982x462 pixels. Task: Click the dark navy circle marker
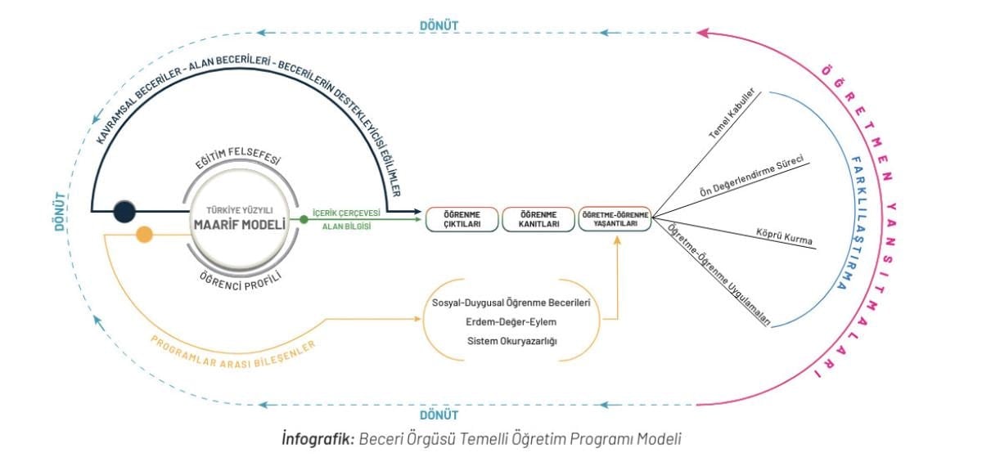124,211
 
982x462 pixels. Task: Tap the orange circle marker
144,235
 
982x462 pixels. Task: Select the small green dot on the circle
304,219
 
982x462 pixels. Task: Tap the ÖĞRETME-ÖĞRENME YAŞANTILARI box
614,219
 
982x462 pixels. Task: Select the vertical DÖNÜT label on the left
60,213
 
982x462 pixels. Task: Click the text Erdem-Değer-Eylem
511,322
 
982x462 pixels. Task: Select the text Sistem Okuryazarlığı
511,341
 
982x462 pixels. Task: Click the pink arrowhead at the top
704,33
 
